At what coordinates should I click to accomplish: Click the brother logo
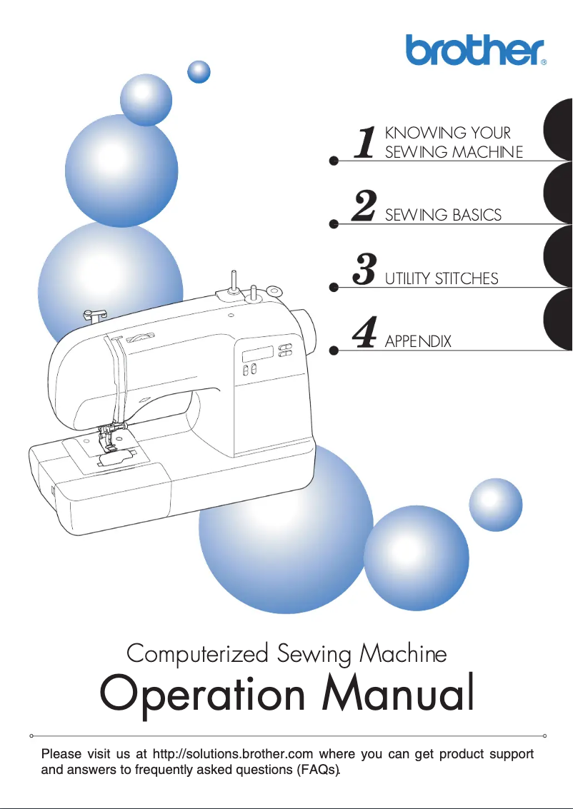(x=474, y=50)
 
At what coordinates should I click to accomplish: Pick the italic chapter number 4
(x=365, y=333)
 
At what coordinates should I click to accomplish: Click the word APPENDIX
(x=418, y=341)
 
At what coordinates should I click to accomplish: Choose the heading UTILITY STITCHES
(x=442, y=278)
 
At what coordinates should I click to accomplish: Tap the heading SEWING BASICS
(x=443, y=215)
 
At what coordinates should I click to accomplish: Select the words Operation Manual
(x=286, y=693)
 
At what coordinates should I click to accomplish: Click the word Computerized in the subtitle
(x=197, y=653)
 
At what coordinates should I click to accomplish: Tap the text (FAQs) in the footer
(x=317, y=770)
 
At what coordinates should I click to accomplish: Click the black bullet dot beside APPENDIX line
(x=333, y=351)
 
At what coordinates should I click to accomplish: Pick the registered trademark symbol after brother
(x=544, y=62)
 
